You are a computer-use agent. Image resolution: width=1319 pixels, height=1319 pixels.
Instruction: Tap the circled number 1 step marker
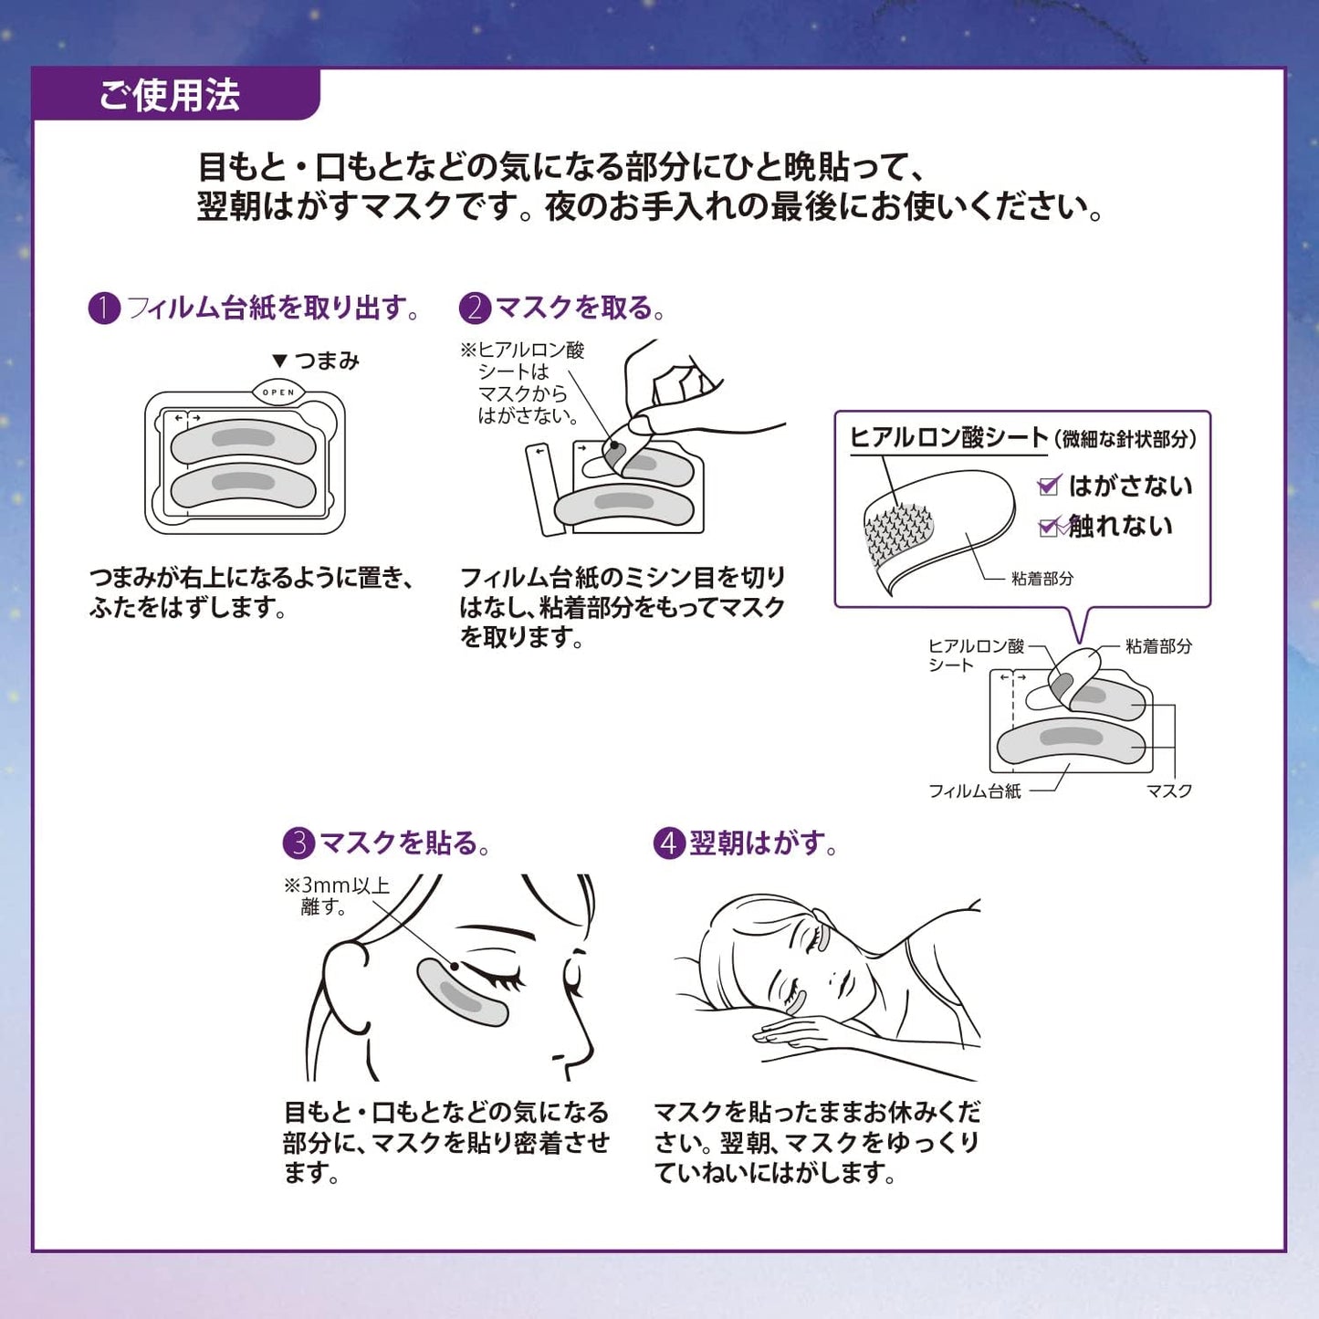[x=104, y=309]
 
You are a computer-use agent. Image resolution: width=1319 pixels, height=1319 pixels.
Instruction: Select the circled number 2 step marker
[x=475, y=309]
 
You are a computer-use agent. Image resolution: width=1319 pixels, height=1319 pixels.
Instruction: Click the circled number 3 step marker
[x=298, y=843]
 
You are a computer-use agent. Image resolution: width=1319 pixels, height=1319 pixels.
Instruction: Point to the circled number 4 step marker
[x=669, y=843]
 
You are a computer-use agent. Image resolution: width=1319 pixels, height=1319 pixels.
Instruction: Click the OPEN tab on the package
[x=278, y=393]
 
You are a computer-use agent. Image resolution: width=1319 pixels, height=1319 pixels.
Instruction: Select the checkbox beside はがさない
[x=1049, y=486]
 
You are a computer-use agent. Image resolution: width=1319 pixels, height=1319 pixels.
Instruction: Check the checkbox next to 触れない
[x=1049, y=526]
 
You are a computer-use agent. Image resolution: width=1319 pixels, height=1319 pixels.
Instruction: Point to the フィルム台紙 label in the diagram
[x=974, y=791]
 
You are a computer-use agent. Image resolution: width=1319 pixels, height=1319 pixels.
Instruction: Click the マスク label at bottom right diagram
[x=1169, y=791]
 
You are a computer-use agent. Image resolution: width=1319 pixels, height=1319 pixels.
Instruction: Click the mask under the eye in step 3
[x=462, y=993]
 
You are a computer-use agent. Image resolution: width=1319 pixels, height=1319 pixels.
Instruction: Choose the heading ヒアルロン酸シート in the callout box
[x=948, y=437]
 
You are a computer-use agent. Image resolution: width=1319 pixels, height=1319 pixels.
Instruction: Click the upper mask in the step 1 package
[x=244, y=441]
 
